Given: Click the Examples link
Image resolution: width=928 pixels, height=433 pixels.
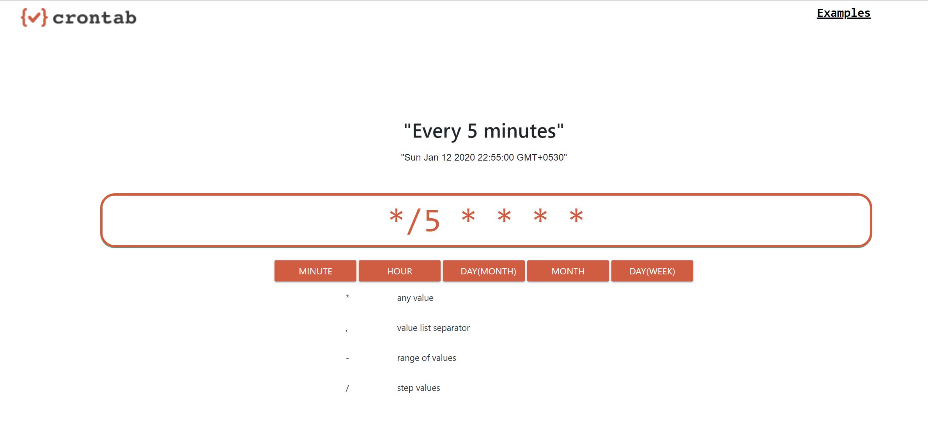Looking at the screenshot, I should point(843,13).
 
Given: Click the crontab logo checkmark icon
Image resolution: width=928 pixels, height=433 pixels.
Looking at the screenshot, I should point(34,18).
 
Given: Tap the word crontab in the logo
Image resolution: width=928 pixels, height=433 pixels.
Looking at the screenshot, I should point(94,18).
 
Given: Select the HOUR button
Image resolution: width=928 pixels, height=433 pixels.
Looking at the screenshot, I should point(399,271).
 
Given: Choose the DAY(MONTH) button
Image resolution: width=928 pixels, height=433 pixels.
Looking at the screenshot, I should point(488,271).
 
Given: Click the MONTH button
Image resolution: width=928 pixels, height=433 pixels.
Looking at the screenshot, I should point(568,271).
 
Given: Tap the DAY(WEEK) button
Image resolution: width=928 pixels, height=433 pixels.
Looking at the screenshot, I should point(652,271).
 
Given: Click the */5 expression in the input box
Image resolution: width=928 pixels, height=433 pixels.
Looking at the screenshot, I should point(414,221).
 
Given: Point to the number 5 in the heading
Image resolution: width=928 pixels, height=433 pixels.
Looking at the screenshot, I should point(472,131).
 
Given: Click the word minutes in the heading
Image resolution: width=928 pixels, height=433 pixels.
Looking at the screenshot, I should point(519,131).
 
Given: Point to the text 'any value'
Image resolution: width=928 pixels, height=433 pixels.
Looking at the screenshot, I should point(415,298).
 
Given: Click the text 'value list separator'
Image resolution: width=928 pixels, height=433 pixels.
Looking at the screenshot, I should point(433,328).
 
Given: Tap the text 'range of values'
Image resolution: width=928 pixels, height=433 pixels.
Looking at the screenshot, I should point(427,358).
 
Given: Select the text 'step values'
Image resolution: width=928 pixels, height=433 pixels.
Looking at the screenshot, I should point(418,388).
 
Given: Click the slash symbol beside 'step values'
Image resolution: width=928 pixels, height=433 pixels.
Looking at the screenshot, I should point(347,388).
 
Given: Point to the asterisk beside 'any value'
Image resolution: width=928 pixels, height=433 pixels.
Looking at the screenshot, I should point(347,297).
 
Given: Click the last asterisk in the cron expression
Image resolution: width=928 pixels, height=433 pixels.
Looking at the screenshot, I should point(576,216).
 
